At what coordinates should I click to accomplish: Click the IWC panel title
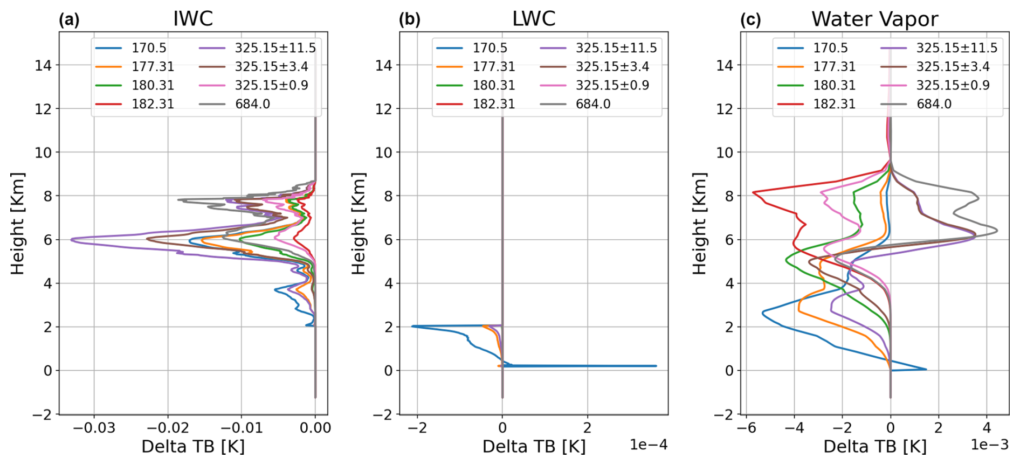[x=193, y=19]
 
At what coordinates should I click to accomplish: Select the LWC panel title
[x=533, y=19]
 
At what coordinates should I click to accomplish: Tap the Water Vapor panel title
[x=874, y=19]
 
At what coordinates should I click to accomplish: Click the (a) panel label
[x=69, y=20]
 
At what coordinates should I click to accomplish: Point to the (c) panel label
[x=750, y=20]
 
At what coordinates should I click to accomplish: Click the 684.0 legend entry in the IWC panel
[x=235, y=104]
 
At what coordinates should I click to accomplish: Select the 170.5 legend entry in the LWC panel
[x=472, y=48]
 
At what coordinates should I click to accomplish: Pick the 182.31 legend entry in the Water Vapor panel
[x=816, y=104]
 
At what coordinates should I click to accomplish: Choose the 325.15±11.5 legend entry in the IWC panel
[x=258, y=48]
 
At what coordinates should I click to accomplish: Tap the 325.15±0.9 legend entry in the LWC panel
[x=595, y=85]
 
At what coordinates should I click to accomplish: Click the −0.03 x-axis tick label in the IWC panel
[x=94, y=428]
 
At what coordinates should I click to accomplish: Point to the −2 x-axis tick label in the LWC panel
[x=417, y=428]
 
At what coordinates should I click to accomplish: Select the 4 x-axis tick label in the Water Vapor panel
[x=987, y=428]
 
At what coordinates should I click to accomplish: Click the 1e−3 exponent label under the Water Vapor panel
[x=990, y=445]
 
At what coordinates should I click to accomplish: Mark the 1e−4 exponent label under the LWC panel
[x=649, y=445]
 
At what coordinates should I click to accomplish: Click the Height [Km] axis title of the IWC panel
[x=18, y=223]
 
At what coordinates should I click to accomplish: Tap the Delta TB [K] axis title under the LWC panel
[x=534, y=447]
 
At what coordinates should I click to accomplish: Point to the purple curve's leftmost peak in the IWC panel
[x=71, y=238]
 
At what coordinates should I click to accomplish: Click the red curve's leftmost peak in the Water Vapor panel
[x=753, y=192]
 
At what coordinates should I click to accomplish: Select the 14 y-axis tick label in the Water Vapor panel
[x=725, y=65]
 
